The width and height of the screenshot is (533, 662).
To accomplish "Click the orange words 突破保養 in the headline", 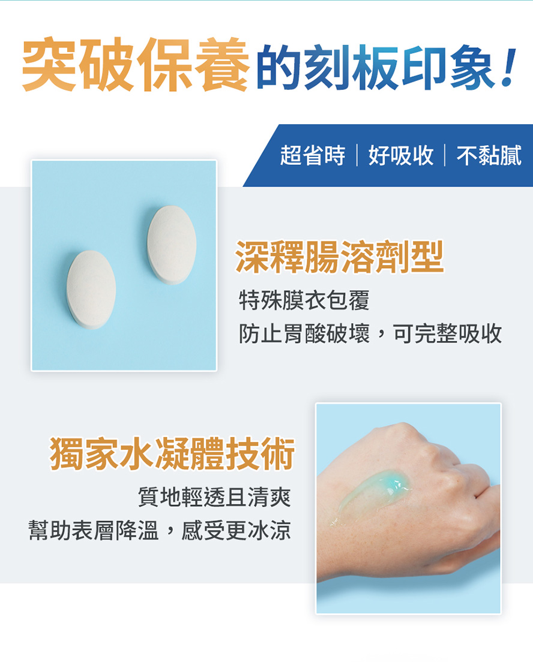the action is [135, 65].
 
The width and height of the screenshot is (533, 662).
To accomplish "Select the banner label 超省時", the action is [312, 155].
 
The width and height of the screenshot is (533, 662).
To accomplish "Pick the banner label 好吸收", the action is [401, 155].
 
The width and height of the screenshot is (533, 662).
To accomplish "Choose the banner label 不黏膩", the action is [489, 155].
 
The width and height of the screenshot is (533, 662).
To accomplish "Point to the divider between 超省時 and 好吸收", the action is [357, 155].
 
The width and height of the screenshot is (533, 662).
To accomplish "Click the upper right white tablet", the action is [172, 245].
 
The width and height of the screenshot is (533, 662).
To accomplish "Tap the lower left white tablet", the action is [91, 290].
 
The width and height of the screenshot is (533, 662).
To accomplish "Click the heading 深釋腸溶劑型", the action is [339, 257].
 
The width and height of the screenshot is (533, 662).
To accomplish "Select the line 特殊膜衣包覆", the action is [304, 300].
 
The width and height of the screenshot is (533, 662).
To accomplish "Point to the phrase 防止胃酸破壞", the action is [304, 333].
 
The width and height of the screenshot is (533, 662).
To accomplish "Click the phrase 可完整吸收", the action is [448, 333].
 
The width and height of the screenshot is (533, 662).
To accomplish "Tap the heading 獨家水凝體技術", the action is [172, 453].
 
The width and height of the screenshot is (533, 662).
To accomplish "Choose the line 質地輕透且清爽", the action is [215, 496].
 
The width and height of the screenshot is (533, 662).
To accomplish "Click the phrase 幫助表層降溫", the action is [94, 530].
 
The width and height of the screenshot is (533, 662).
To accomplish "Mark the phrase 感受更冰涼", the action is [236, 530].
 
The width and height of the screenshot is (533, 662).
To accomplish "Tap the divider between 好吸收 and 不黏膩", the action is [445, 155].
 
